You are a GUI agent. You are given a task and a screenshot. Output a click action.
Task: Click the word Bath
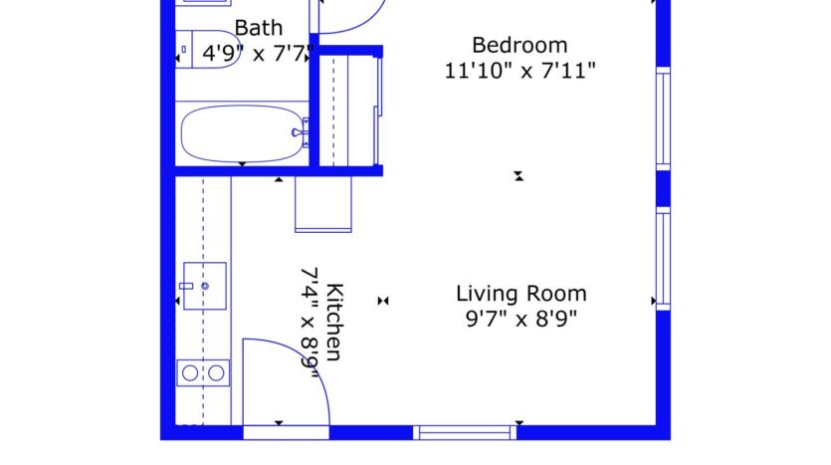258,28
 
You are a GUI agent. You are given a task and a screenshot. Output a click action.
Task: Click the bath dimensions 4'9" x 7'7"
259,53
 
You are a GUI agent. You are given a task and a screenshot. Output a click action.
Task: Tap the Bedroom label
519,46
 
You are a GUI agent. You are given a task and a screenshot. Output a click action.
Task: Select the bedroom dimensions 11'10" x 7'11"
519,71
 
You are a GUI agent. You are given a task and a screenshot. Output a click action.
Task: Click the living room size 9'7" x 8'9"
520,320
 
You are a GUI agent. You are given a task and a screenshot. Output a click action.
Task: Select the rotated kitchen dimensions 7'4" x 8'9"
311,323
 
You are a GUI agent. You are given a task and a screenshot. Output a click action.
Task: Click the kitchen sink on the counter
204,286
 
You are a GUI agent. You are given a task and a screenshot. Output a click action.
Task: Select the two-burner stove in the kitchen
203,373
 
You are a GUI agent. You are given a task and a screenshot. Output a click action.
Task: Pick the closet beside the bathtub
343,108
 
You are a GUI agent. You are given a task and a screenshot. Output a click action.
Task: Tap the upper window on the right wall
663,118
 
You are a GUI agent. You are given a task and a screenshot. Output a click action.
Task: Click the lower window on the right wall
663,259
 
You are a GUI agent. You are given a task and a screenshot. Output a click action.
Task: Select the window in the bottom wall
465,432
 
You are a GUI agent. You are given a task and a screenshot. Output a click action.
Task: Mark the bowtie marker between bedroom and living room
519,176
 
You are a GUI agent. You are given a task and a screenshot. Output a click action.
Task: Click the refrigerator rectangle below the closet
323,205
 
